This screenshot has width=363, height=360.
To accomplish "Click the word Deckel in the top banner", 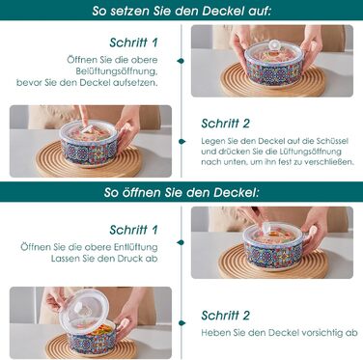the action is click(x=223, y=11).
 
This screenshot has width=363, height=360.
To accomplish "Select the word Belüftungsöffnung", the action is click(x=117, y=71).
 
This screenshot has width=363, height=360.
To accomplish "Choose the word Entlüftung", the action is click(x=136, y=247).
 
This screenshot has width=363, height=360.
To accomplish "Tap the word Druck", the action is click(x=129, y=259).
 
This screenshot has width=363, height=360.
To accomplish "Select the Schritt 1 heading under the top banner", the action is click(x=133, y=42).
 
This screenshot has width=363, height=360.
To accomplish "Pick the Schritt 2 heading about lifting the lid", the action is click(x=225, y=316).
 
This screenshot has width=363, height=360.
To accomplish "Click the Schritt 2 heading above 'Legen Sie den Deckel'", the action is click(x=225, y=124).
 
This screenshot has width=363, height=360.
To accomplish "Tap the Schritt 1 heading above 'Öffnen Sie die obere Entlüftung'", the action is click(x=133, y=230).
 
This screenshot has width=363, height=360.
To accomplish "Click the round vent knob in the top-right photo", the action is click(x=274, y=45).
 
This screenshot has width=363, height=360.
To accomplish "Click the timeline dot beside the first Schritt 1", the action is click(x=181, y=61).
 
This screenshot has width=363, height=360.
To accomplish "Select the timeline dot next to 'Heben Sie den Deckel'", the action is click(x=181, y=323).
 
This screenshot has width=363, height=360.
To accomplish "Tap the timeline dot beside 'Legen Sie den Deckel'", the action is click(x=181, y=141).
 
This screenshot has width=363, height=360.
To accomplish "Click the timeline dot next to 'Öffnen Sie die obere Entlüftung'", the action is click(x=181, y=242).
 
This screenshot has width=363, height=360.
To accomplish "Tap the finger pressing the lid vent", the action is click(x=84, y=118).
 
